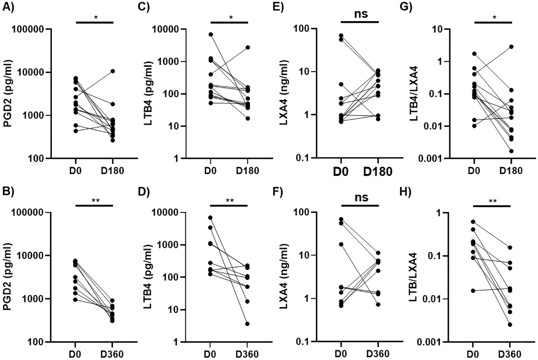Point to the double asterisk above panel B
coord(95,201)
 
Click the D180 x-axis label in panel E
coord(378,172)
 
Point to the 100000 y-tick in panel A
coord(30,29)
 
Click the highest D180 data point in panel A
coord(113,71)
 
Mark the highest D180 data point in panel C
coord(248,47)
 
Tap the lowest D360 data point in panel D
coord(248,324)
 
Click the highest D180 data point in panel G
coord(511,47)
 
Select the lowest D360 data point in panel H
coord(510,325)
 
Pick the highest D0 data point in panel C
coord(211,34)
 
